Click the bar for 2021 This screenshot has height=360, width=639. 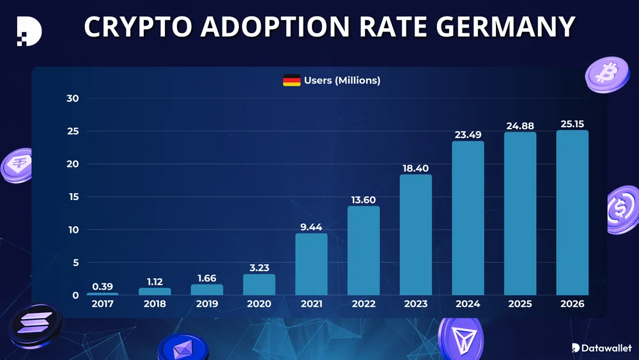[x=311, y=264]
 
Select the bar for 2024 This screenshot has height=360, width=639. [x=468, y=218]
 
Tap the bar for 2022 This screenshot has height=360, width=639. [x=364, y=251]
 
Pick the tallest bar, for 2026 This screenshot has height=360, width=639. [x=573, y=213]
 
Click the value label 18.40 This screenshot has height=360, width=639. [x=416, y=168]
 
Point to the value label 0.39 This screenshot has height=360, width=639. [x=102, y=286]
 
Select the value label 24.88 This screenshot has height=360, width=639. [x=520, y=126]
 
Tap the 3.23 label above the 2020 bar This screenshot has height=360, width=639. [x=259, y=268]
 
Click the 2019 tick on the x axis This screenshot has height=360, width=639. [x=206, y=304]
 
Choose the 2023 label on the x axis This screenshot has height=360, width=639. [x=416, y=304]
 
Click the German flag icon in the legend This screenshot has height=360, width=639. [x=291, y=81]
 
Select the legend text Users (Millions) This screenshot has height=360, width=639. [x=342, y=81]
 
